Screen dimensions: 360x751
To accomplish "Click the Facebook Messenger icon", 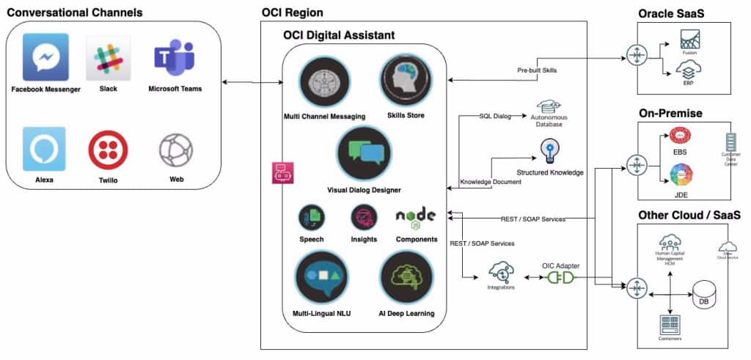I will click(45, 56).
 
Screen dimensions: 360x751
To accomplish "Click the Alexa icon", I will click(43, 149).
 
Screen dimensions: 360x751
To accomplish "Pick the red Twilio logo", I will click(108, 151).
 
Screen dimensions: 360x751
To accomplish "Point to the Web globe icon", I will click(176, 150).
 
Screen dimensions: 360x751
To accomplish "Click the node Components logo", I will click(416, 216).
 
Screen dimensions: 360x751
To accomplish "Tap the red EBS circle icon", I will click(681, 137).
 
